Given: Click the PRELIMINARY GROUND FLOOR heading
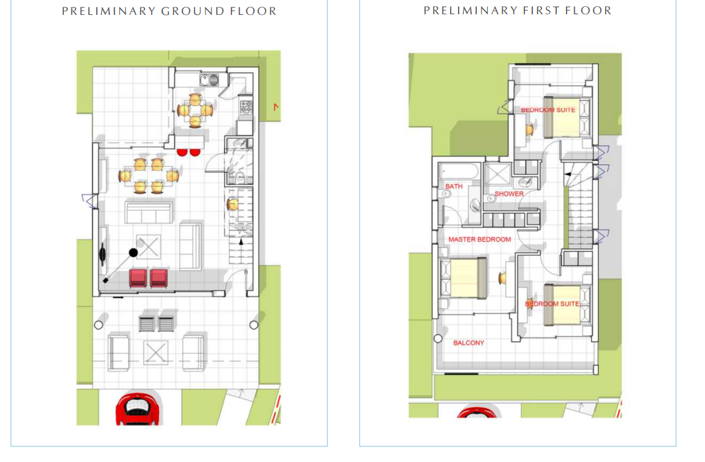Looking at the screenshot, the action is point(169,11).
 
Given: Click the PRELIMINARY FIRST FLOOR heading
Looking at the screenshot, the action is point(518,11).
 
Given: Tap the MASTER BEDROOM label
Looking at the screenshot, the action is point(480,239).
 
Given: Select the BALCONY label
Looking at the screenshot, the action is point(469,343).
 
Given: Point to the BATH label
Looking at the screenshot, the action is point(454,186).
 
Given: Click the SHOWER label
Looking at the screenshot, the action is point(509,194).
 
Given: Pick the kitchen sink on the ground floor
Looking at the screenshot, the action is point(210,80).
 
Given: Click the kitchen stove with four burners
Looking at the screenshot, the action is point(246,107).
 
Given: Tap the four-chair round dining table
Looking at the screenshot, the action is point(195,110).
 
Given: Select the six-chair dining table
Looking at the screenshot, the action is point(148,176).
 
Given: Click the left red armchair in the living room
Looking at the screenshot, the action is point(138,278).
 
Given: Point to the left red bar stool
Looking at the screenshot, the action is point(182,152).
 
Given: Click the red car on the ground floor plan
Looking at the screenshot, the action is point(138,409).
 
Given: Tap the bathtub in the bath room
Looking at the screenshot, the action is point(459,171).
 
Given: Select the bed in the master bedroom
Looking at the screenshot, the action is point(464,278).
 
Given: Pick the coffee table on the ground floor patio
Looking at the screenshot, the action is point(156,353).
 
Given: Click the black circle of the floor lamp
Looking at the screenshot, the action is point(133,253).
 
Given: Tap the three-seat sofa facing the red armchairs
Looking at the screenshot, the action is point(149,213).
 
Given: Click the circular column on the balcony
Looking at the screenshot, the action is point(438,338).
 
